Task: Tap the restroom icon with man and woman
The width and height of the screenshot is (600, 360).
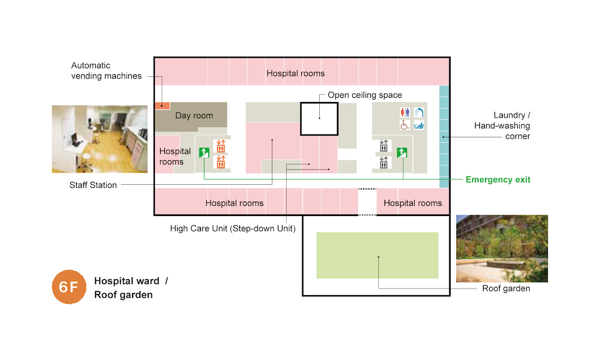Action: pos(405,112)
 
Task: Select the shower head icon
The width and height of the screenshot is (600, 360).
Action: pos(419,112)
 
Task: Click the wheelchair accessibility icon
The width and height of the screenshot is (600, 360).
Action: pos(405,125)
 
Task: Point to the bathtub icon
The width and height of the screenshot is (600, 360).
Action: pos(419,125)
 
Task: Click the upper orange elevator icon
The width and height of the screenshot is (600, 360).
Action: pos(220,146)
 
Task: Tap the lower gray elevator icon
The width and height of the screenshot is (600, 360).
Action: pos(384,162)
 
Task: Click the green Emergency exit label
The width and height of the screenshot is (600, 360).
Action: pos(498,179)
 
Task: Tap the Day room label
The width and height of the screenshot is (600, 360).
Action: pos(194,116)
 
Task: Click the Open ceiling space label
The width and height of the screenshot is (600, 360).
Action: pos(365,95)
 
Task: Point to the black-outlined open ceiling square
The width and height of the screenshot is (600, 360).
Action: pos(319,119)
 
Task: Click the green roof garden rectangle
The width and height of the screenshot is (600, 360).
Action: pos(377,255)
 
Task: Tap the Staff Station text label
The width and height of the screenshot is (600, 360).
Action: pos(93,185)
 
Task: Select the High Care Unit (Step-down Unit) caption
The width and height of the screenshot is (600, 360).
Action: pos(233,228)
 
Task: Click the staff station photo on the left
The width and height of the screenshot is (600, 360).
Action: pos(100,139)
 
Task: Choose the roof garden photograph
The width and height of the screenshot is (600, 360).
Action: pos(502,248)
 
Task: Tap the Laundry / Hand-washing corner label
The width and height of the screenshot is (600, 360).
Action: pos(502,126)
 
